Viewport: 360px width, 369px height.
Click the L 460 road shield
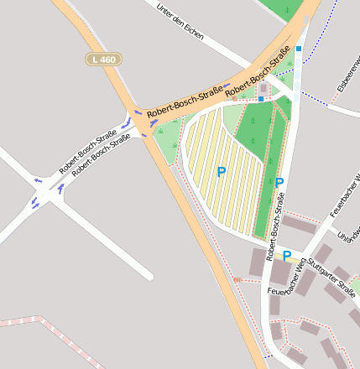pos(104,59)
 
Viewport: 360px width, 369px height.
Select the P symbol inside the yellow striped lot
pos(222,172)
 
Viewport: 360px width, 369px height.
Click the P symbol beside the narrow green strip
pos(279,183)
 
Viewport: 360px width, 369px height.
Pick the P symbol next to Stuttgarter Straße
pos(286,256)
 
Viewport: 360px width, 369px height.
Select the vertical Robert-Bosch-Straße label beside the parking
pos(274,228)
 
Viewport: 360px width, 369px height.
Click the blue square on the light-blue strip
pos(299,49)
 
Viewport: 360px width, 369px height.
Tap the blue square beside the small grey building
pos(261,99)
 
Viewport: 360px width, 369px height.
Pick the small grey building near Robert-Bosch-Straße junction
pos(264,87)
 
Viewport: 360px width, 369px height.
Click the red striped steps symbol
pos(238,279)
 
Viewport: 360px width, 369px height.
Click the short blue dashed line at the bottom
pos(269,356)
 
